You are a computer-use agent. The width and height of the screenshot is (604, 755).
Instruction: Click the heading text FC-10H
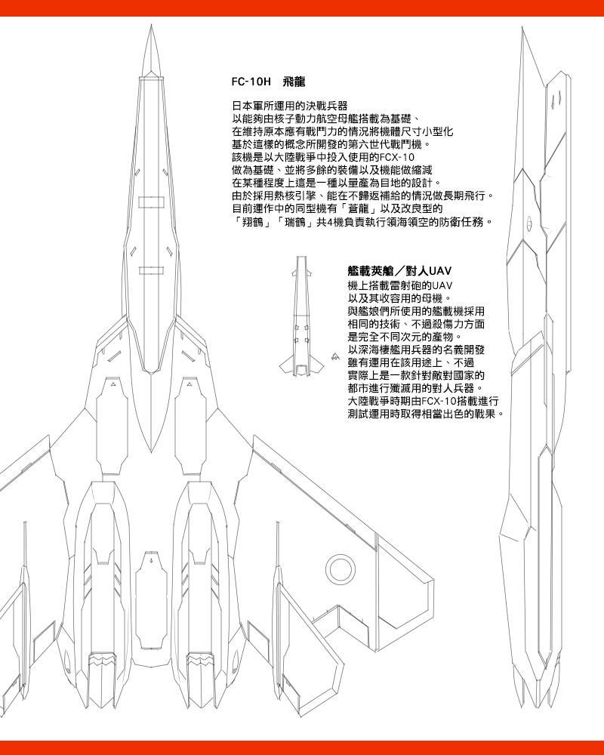coord(251,81)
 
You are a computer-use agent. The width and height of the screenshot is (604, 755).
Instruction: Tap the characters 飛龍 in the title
coord(293,81)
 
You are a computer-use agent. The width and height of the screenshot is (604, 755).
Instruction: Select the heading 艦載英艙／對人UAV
coord(399,271)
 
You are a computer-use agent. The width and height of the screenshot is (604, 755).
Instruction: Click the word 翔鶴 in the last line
coord(251,222)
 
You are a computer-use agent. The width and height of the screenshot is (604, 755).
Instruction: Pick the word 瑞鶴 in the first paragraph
coord(291,222)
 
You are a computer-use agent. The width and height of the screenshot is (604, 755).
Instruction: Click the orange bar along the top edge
coord(302,8)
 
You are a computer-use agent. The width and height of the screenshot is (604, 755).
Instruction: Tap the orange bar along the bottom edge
coord(302,747)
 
